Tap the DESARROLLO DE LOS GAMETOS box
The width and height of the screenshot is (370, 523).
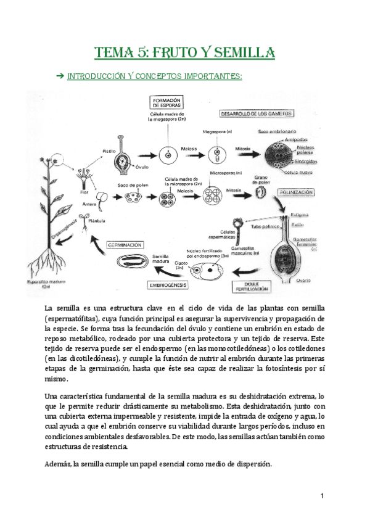coord(257,113)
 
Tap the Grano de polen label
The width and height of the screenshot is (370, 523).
coord(261,179)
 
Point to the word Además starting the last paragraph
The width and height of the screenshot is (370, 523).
coord(58,464)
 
